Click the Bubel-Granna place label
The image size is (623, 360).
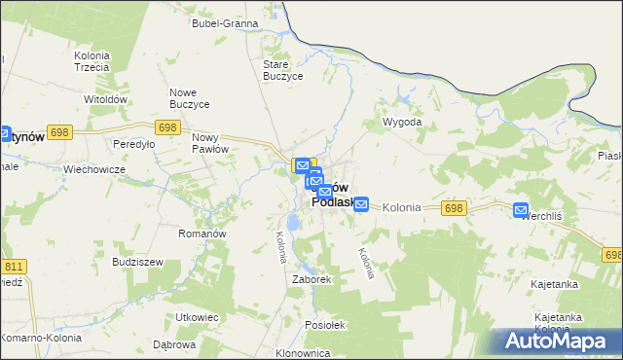click(225, 22)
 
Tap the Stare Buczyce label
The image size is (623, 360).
click(284, 70)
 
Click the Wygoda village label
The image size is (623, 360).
click(402, 123)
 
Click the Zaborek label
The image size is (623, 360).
click(312, 279)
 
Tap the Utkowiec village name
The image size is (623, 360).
click(196, 317)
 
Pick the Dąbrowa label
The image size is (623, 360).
click(175, 344)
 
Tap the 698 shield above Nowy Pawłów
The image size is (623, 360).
click(167, 127)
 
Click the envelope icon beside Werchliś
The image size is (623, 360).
click(521, 209)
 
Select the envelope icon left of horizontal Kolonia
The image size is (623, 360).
click(361, 204)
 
